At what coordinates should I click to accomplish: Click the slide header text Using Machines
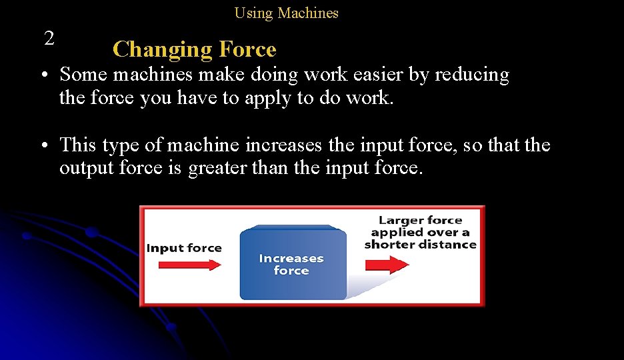(286, 13)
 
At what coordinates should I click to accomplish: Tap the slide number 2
(49, 39)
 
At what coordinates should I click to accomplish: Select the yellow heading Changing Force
(194, 49)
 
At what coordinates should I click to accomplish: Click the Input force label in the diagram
(184, 248)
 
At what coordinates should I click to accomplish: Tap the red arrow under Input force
(190, 265)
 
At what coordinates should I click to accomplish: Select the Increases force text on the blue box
(291, 264)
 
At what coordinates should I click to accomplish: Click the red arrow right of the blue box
(387, 265)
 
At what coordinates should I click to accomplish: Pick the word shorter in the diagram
(389, 244)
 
